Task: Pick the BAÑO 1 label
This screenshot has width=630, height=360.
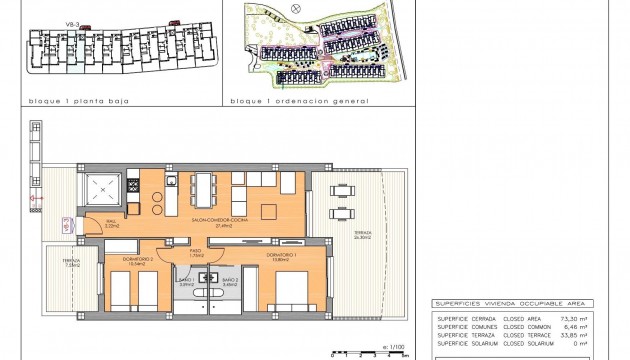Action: coord(186,282)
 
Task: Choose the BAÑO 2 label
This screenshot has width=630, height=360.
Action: coord(229,282)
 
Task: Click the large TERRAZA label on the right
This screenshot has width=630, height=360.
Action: coord(361,234)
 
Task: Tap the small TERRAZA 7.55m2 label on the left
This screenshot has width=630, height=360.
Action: coord(72,263)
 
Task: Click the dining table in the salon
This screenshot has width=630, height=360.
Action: coord(204,188)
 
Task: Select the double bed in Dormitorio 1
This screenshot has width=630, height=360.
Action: coord(290,295)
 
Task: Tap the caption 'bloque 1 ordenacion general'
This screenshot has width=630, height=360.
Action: coord(299,101)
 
